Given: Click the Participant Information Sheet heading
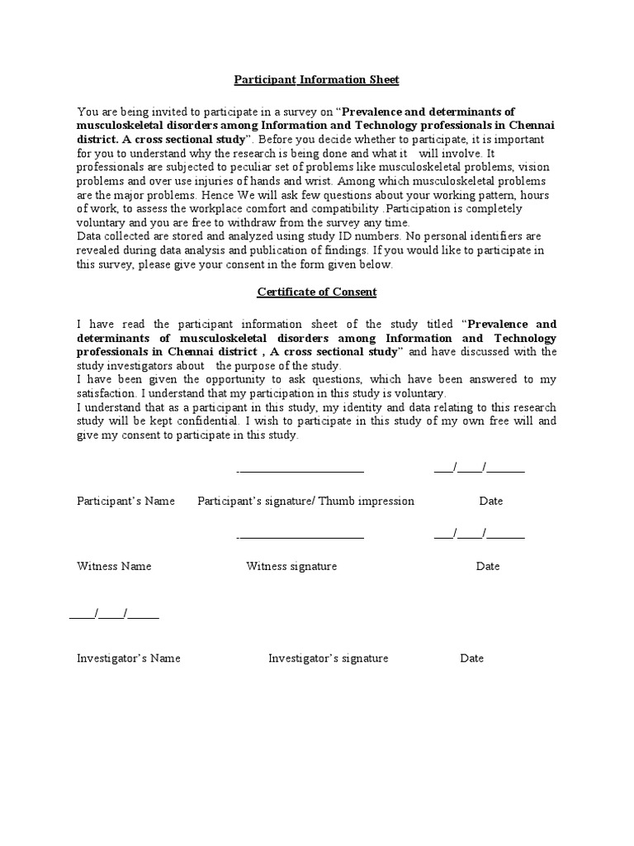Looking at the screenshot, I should (316, 80).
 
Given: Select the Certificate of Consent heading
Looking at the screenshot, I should (316, 292).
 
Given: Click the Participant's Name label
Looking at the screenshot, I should (125, 501).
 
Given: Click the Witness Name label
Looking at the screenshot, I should (114, 567).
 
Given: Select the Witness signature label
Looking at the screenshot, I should (291, 567).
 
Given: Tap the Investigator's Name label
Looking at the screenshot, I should (129, 658).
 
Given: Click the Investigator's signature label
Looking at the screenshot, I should (328, 658).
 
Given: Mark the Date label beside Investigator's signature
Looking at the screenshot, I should (472, 658).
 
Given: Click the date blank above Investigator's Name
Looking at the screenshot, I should (115, 615).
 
